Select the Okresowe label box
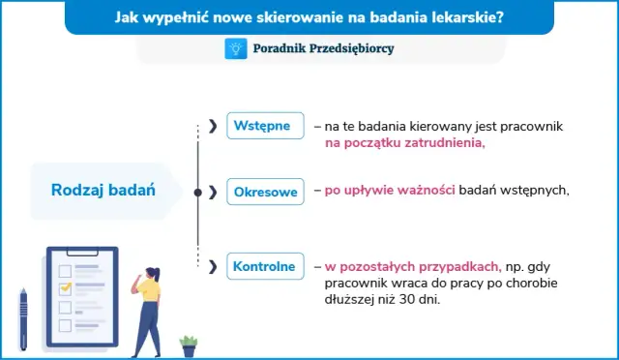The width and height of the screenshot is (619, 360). (x=265, y=192)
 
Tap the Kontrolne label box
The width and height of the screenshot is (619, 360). (x=263, y=265)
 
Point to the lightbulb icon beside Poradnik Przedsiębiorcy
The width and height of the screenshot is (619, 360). (x=236, y=47)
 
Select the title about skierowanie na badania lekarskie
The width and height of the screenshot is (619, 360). (x=309, y=16)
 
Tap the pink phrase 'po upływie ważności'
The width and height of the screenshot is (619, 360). (x=390, y=191)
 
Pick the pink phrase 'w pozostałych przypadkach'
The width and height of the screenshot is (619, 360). (x=412, y=266)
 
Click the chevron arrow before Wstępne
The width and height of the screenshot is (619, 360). (x=213, y=126)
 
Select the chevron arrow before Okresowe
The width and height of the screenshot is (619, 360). (x=213, y=192)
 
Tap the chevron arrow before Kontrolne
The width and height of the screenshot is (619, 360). (x=213, y=265)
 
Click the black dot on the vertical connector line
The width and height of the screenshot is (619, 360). (x=198, y=192)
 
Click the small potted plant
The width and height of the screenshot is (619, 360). (x=189, y=345)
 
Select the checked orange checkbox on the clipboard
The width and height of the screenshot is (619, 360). (x=66, y=288)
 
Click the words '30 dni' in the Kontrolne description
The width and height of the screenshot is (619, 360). (x=432, y=299)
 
